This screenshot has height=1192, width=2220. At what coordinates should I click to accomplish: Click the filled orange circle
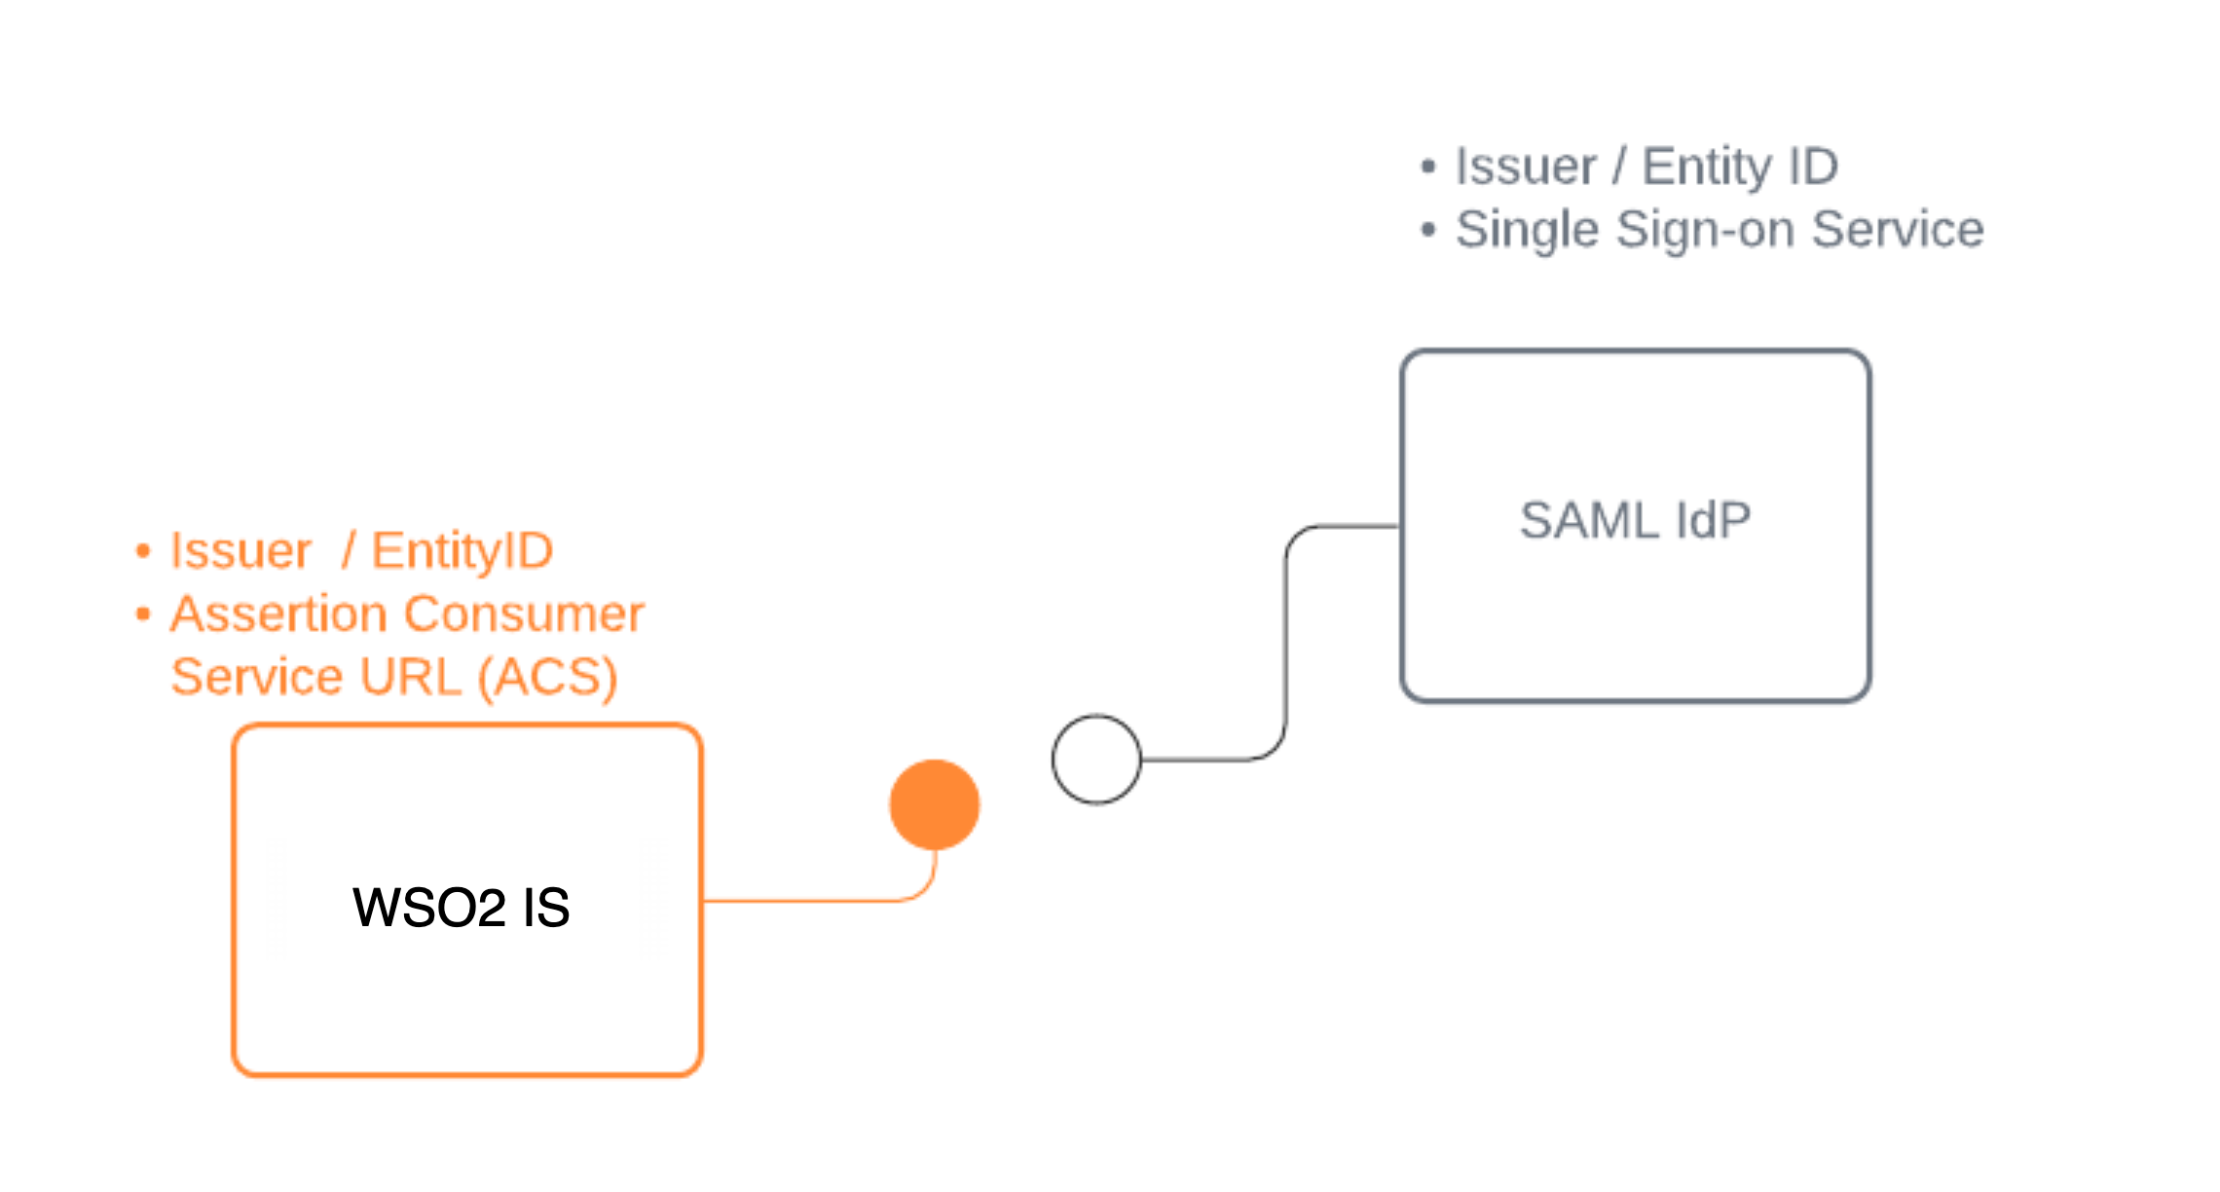[934, 804]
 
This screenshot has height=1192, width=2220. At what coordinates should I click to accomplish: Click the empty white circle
[1096, 760]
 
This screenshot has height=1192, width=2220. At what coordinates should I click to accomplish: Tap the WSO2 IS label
[461, 908]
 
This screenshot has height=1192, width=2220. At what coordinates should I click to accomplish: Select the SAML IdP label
[1635, 520]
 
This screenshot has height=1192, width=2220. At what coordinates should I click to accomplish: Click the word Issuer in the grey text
[1525, 167]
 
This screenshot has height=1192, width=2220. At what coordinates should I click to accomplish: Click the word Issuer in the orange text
[240, 551]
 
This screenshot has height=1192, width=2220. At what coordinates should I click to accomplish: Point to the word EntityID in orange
[462, 551]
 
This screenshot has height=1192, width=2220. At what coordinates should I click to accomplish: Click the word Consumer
[524, 615]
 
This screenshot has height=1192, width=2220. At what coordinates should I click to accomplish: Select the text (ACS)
[547, 678]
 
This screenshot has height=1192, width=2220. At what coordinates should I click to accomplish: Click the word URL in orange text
[410, 678]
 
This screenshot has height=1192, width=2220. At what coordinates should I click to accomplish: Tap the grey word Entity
[1706, 167]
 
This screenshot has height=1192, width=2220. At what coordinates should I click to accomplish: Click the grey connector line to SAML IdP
[1285, 643]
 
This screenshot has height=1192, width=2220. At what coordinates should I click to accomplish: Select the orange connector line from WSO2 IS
[808, 901]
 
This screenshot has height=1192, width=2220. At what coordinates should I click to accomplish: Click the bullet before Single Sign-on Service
[1428, 231]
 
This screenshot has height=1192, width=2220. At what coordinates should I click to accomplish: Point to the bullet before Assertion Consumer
[143, 615]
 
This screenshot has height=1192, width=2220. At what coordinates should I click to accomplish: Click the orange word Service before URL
[257, 678]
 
